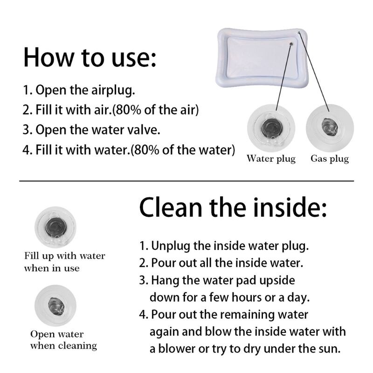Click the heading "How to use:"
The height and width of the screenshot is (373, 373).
click(x=90, y=57)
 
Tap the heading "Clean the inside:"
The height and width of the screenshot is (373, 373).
click(x=234, y=207)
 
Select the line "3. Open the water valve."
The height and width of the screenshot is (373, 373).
click(x=91, y=130)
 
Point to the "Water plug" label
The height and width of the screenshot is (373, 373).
click(x=271, y=159)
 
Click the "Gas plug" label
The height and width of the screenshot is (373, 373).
click(x=330, y=159)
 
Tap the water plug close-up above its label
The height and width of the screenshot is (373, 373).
click(x=271, y=128)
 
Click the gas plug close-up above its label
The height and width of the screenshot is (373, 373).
click(x=330, y=128)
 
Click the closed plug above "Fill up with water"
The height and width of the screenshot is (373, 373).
click(x=55, y=227)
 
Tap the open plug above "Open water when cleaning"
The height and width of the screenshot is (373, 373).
click(x=55, y=306)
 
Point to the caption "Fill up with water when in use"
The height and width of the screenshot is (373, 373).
click(x=64, y=262)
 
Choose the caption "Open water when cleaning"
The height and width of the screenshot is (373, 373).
click(x=63, y=340)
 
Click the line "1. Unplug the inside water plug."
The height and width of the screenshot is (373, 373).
click(x=224, y=246)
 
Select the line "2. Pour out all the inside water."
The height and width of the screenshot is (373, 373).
click(x=221, y=263)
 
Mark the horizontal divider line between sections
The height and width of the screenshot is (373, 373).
click(x=186, y=181)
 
